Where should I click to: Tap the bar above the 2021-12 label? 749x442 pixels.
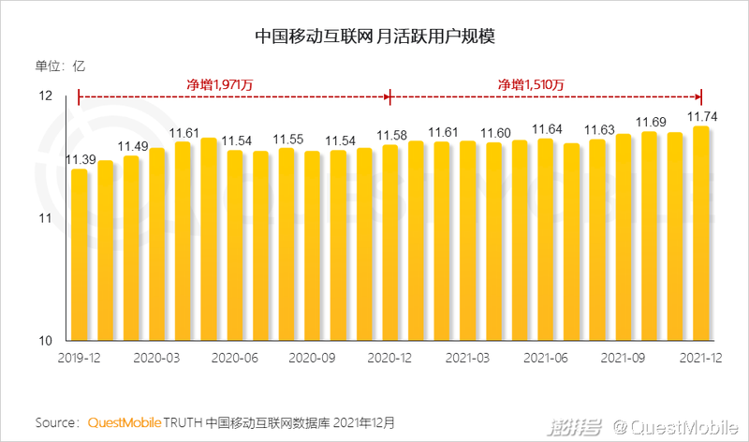[x=700, y=234]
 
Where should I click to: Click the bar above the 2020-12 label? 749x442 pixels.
[x=390, y=243]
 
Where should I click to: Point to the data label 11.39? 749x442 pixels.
[x=80, y=160]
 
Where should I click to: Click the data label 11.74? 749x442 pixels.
[x=702, y=117]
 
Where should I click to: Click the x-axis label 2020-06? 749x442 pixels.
[x=234, y=358]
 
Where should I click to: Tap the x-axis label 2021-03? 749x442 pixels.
[x=467, y=358]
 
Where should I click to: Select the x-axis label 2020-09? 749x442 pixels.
[x=312, y=358]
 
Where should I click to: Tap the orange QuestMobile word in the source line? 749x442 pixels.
[x=125, y=422]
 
